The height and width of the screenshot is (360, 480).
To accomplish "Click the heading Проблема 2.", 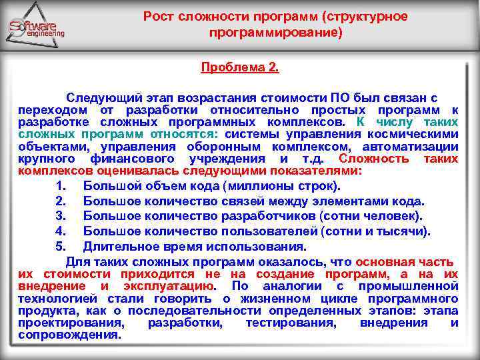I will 241,68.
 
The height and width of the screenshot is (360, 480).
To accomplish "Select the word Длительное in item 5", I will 117,246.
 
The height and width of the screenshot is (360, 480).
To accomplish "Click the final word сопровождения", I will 70,335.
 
